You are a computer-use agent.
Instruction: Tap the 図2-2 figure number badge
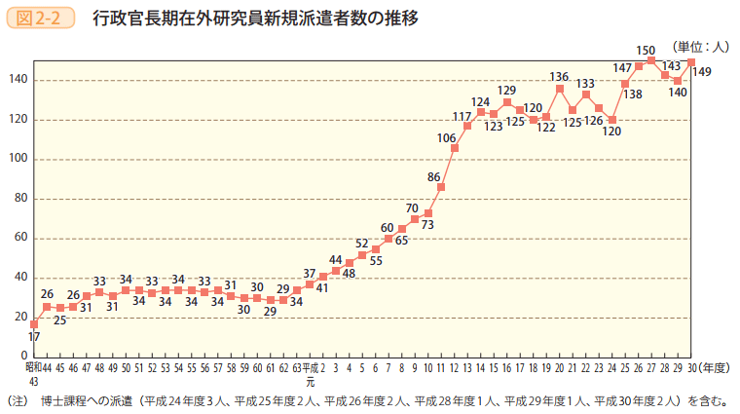[41, 18]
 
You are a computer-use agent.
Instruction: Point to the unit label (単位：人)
[699, 46]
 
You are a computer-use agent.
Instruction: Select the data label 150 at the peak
[646, 50]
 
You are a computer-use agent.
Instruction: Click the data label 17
[34, 336]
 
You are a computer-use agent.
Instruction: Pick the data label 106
[447, 137]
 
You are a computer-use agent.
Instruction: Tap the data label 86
[434, 176]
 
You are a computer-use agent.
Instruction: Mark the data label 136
[559, 76]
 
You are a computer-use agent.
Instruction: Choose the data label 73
[427, 225]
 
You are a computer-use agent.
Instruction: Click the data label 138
[632, 94]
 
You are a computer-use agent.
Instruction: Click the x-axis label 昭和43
[33, 374]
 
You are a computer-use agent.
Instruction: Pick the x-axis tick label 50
[126, 369]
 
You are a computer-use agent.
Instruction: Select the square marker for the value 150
[651, 60]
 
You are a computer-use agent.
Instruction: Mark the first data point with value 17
[34, 323]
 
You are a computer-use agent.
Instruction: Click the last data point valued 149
[690, 62]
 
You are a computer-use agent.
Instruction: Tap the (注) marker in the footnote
[18, 399]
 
